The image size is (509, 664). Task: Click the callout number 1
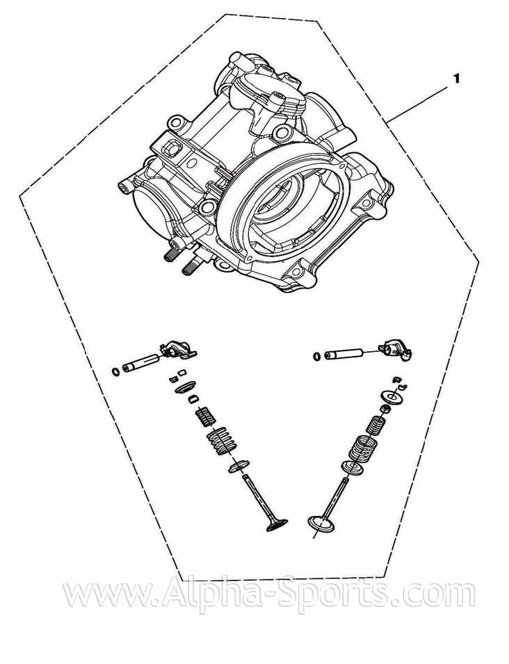click(456, 79)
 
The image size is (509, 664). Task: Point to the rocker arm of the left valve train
click(178, 350)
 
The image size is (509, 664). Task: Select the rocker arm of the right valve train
click(396, 350)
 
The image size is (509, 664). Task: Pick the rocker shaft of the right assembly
click(344, 354)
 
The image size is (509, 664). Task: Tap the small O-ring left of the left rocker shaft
click(115, 372)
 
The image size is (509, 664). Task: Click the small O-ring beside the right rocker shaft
click(316, 356)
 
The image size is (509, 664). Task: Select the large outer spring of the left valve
click(221, 441)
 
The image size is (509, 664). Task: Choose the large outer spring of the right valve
click(363, 448)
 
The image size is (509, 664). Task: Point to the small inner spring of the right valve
click(375, 425)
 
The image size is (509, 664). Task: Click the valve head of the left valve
click(277, 525)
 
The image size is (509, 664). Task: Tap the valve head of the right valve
click(321, 524)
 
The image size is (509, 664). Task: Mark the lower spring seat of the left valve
click(239, 465)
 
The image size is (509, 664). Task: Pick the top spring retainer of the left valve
click(185, 387)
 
